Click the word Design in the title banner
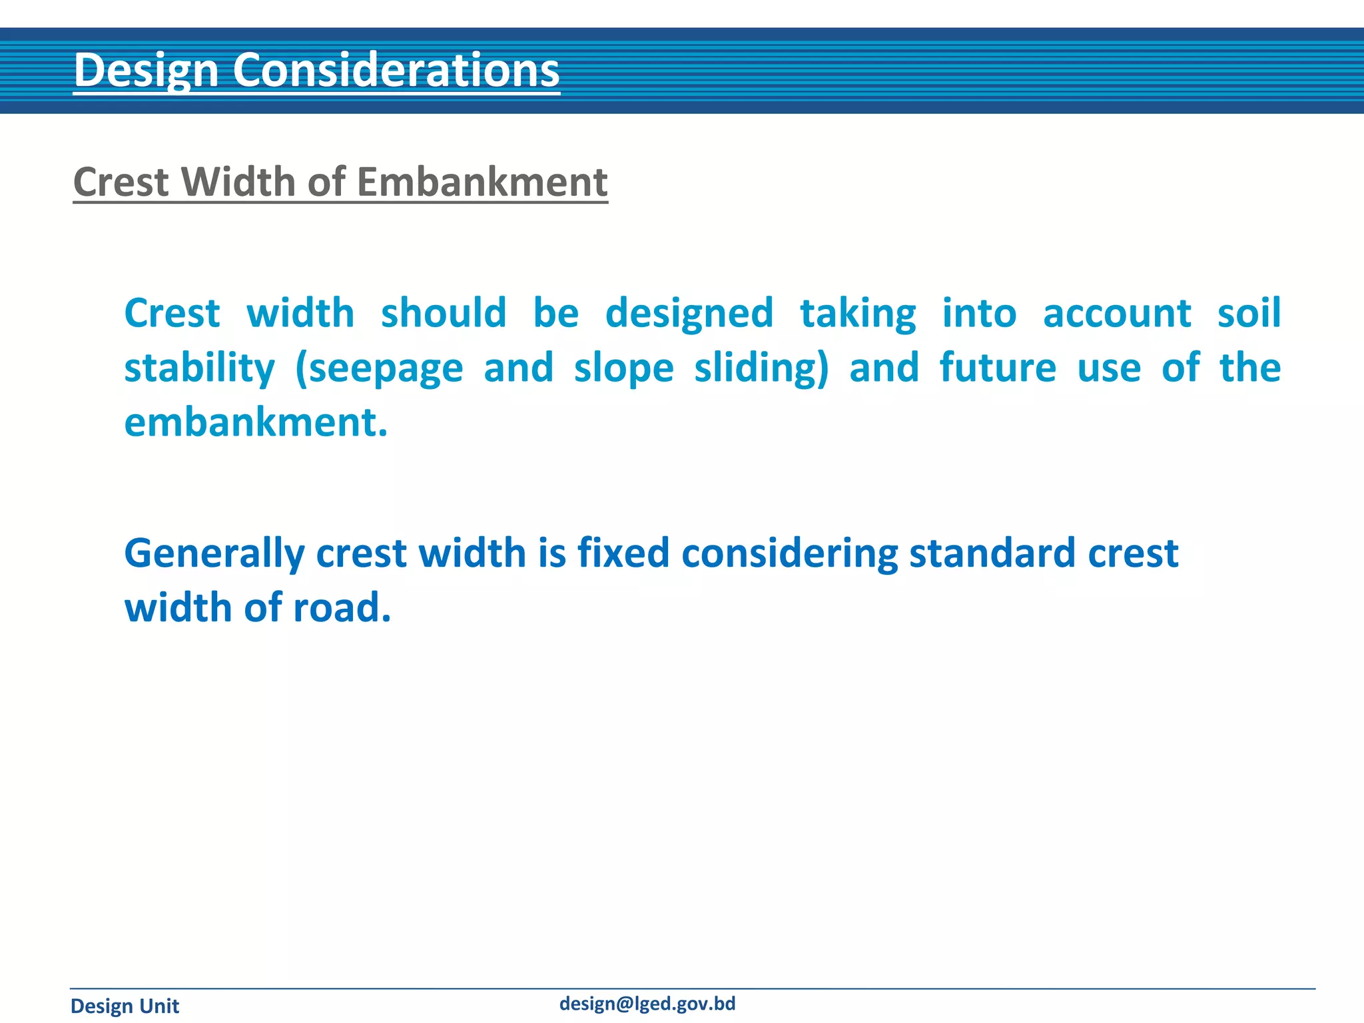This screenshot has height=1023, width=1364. click(147, 70)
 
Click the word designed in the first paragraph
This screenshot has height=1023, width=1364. click(689, 314)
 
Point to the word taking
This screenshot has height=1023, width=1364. click(858, 314)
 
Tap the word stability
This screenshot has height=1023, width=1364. click(199, 368)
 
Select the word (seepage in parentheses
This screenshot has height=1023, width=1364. click(379, 370)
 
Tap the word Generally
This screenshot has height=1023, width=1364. click(214, 554)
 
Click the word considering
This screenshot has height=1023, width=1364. click(789, 554)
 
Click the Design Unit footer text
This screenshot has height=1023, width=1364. click(125, 1006)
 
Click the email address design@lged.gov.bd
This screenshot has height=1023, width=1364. click(647, 1004)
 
